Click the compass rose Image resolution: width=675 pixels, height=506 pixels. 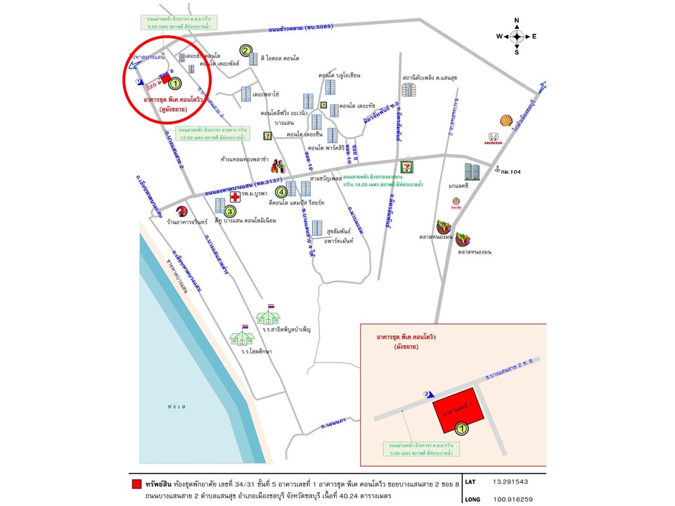[x=516, y=36]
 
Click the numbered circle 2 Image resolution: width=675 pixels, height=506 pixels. [x=245, y=50]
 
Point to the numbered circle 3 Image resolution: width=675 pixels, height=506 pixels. [x=230, y=209]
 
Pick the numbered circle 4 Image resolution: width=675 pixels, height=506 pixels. [x=281, y=192]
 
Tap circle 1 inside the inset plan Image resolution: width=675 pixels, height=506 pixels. [x=462, y=427]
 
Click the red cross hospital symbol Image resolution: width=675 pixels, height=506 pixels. [x=235, y=198]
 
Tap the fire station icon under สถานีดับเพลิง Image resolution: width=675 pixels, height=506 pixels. [x=409, y=89]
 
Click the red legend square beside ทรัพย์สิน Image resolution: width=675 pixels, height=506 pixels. [x=136, y=484]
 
